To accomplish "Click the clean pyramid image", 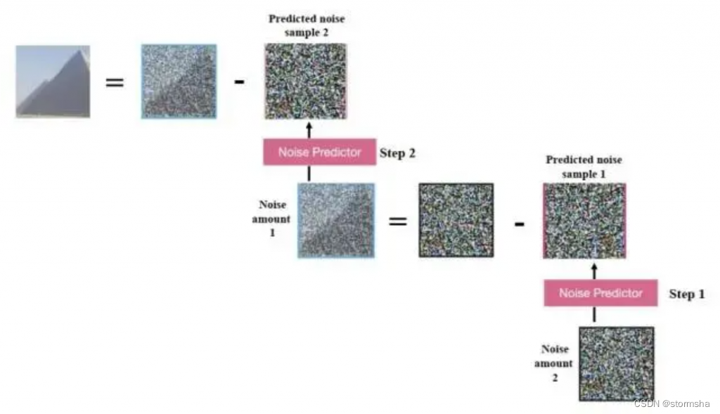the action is click(x=53, y=82).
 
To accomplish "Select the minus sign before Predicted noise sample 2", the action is click(x=240, y=82).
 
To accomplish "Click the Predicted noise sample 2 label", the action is click(x=307, y=26).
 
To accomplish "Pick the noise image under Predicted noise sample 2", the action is click(x=306, y=81).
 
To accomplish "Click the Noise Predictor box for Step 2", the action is click(x=319, y=152).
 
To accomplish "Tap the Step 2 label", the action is click(x=397, y=153).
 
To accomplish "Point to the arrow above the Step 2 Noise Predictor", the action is click(x=309, y=129).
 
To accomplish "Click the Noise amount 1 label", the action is click(x=273, y=219).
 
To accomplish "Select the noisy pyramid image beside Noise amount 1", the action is click(x=336, y=220).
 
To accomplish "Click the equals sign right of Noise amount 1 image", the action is click(x=398, y=221).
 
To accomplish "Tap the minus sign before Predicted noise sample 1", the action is click(x=519, y=224).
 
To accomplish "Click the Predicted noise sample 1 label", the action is click(x=584, y=167).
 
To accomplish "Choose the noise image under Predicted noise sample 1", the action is click(x=584, y=221).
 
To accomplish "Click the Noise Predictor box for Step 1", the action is click(x=600, y=293).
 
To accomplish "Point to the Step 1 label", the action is click(x=686, y=294).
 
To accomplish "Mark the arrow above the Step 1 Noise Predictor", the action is click(x=594, y=270).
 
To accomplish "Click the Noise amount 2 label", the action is click(x=554, y=363).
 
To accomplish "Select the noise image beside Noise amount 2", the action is click(x=617, y=363).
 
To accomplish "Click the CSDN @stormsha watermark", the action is click(x=672, y=403).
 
